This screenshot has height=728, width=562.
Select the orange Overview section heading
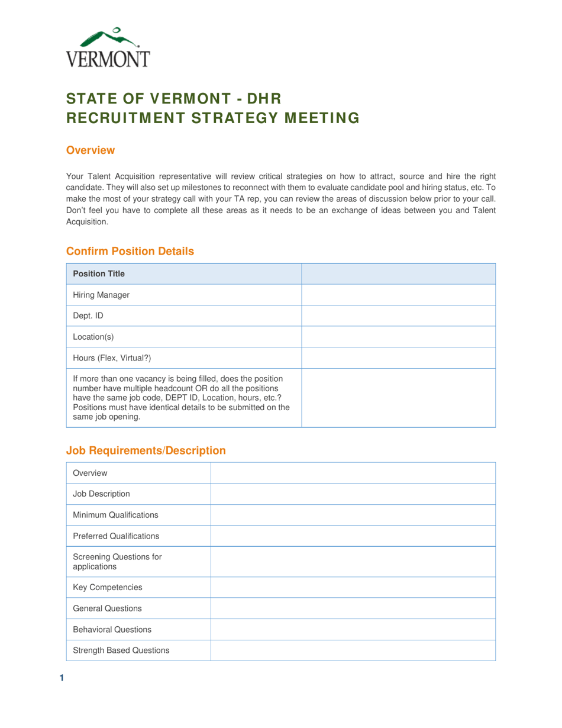click(90, 150)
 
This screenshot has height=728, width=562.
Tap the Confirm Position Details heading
click(130, 251)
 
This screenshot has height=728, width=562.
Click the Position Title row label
click(98, 273)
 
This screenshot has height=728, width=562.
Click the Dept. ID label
click(88, 315)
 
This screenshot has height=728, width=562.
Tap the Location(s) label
click(93, 337)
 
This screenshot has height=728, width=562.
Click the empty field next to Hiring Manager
click(398, 295)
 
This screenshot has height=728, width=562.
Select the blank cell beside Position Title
click(398, 273)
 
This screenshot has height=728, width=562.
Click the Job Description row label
click(101, 494)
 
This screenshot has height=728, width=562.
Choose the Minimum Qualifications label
click(115, 514)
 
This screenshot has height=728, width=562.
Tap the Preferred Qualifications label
click(116, 536)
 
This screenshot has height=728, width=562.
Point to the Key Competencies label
click(107, 587)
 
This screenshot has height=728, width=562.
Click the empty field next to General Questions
click(353, 608)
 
